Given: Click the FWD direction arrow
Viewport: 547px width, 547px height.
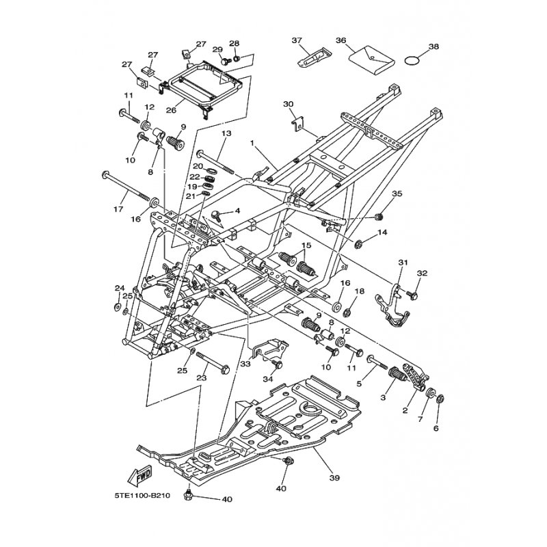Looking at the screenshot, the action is pyautogui.click(x=140, y=474).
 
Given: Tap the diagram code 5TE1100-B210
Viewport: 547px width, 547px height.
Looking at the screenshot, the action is pyautogui.click(x=142, y=495).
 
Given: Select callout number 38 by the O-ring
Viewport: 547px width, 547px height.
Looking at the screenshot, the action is pyautogui.click(x=433, y=46).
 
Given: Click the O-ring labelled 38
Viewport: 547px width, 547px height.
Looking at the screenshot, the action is pyautogui.click(x=412, y=61).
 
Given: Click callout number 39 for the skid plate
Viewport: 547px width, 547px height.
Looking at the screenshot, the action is pyautogui.click(x=334, y=477).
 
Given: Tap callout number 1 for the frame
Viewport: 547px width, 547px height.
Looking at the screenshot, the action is pyautogui.click(x=252, y=144).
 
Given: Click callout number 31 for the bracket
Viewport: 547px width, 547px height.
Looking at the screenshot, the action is pyautogui.click(x=403, y=263).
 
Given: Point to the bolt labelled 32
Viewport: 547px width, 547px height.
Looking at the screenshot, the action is pyautogui.click(x=412, y=295).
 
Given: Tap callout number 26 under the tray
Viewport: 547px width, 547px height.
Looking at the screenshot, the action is pyautogui.click(x=171, y=110).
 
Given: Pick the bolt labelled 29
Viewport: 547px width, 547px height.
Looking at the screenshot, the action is pyautogui.click(x=226, y=61).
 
